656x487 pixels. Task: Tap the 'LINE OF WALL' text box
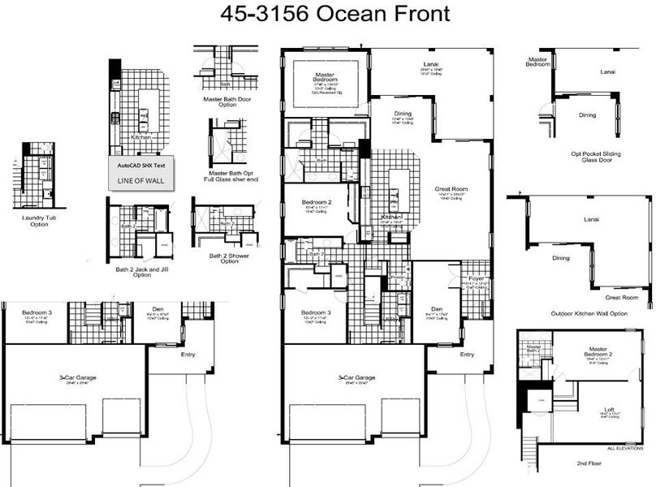140,180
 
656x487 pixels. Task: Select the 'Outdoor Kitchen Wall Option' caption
589,313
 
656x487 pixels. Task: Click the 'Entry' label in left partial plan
188,354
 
